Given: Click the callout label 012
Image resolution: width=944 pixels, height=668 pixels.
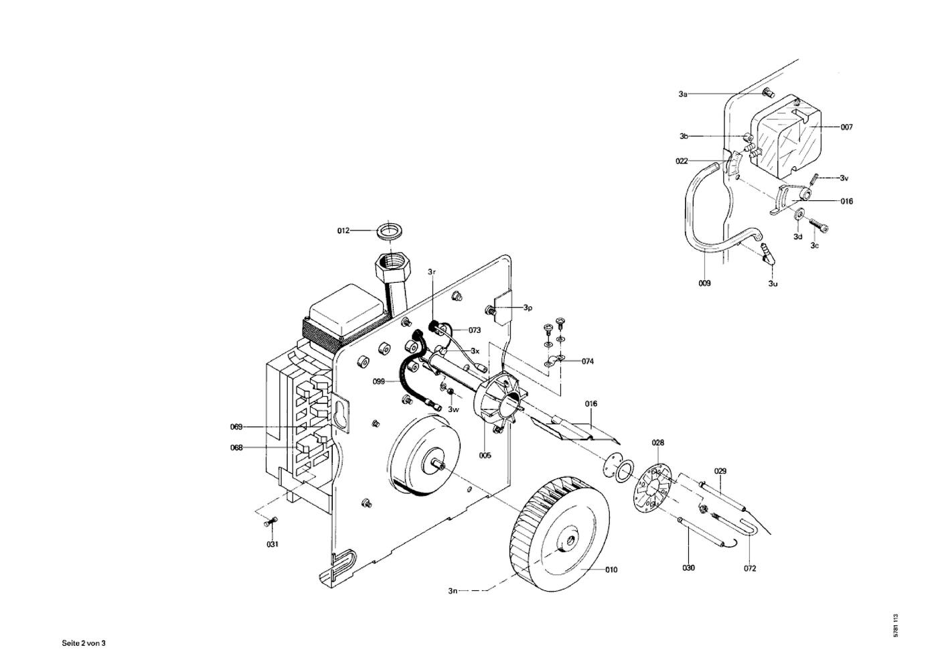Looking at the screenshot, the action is click(x=343, y=230).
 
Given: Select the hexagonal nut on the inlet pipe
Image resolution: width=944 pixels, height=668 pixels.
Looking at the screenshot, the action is click(x=390, y=268).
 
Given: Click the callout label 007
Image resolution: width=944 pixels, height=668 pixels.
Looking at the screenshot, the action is click(x=847, y=127).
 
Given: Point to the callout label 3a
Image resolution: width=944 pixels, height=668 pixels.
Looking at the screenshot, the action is click(x=683, y=94).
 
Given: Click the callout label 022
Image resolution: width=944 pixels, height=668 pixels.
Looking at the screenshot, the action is click(x=682, y=161).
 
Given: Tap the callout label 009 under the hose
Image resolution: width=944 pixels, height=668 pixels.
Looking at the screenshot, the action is click(x=704, y=283).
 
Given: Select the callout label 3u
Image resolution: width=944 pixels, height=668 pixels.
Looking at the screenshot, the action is click(x=773, y=284).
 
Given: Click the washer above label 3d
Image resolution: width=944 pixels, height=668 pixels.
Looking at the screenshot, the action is click(x=799, y=214).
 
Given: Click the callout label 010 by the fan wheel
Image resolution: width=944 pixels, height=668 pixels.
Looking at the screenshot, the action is click(x=611, y=570).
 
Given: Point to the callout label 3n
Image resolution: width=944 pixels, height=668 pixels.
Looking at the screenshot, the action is click(x=453, y=591).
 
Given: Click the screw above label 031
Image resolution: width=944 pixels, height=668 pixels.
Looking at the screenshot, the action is click(x=269, y=522).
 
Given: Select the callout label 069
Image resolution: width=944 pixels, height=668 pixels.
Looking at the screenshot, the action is click(x=236, y=427).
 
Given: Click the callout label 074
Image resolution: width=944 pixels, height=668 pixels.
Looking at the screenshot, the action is click(x=587, y=361).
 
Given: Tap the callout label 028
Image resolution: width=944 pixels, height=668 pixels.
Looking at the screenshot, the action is click(x=658, y=443).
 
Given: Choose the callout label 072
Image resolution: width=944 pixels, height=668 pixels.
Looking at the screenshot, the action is click(x=750, y=568).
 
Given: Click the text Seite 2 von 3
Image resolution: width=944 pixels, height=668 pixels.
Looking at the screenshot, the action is click(x=84, y=643).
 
